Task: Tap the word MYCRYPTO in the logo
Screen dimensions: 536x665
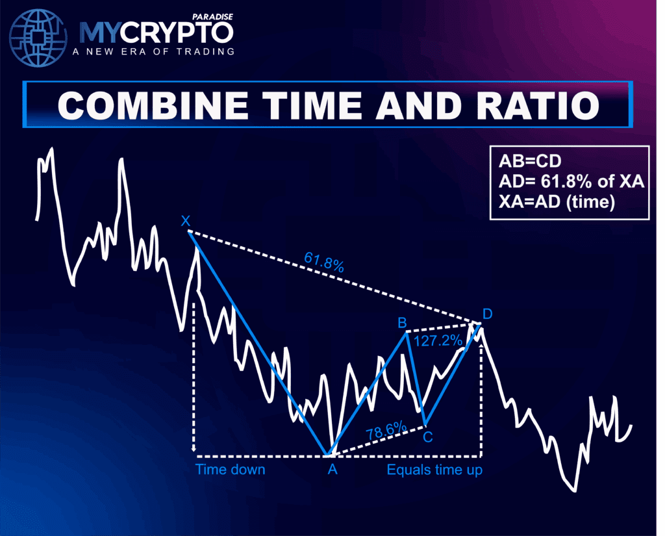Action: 156,32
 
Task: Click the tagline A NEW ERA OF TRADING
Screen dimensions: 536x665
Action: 156,51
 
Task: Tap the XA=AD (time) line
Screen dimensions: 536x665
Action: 557,202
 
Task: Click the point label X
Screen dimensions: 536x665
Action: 186,222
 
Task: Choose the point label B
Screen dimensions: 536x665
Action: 403,322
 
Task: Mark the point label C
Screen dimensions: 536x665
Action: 428,437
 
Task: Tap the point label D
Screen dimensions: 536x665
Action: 487,314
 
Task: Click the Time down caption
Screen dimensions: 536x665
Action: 230,469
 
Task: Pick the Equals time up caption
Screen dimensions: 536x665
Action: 434,469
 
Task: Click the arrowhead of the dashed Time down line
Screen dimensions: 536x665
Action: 194,448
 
